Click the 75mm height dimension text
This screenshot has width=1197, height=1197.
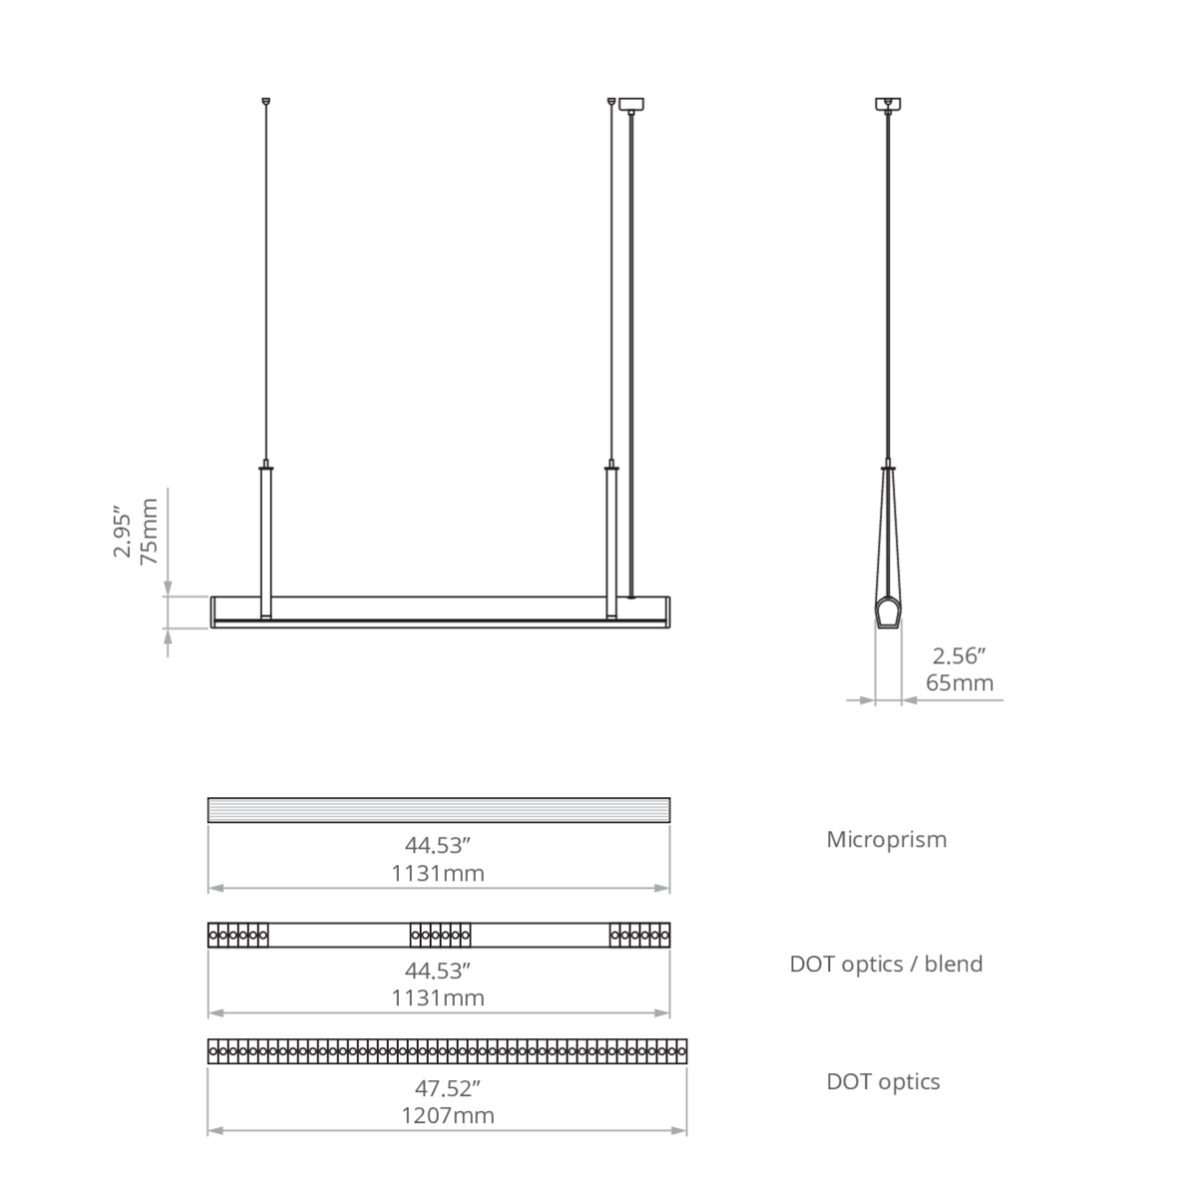150,531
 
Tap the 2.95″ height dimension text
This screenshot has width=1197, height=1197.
123,536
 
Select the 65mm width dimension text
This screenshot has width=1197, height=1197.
959,682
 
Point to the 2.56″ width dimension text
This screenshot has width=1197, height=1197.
959,656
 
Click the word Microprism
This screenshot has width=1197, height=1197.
887,839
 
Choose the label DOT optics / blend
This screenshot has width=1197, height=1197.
886,964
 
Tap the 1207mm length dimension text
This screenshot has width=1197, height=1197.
447,1115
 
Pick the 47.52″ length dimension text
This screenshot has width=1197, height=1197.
447,1088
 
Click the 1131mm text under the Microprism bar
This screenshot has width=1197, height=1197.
437,874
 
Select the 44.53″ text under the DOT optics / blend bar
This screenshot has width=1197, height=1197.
437,971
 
